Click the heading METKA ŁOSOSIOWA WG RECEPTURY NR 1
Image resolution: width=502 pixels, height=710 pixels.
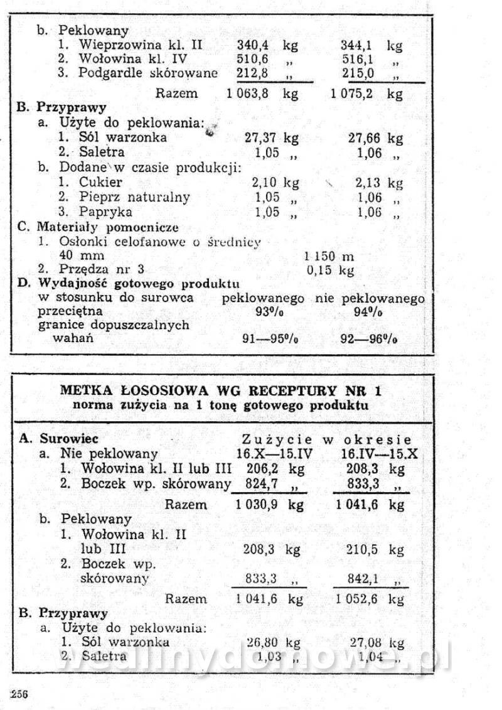(221, 391)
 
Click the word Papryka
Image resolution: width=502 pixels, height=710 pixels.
(101, 212)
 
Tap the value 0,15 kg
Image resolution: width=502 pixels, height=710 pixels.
(330, 271)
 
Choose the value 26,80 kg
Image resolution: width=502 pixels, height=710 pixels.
(273, 642)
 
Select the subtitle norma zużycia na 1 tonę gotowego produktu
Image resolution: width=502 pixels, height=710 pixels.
(221, 406)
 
